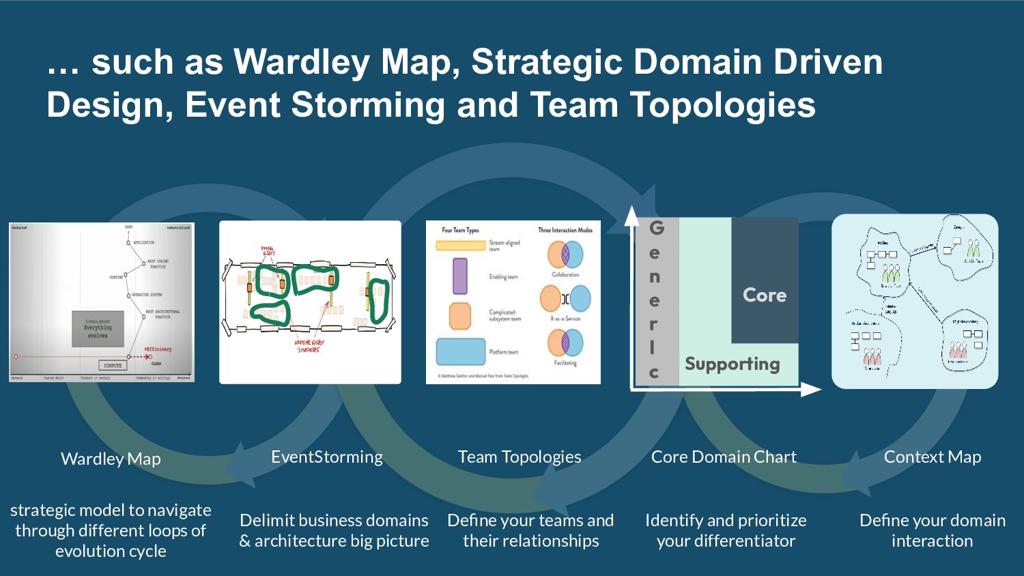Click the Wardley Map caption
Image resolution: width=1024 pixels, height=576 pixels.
pos(111,459)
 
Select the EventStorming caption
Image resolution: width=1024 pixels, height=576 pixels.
pos(327,457)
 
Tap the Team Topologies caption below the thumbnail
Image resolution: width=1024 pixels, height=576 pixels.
pos(520,457)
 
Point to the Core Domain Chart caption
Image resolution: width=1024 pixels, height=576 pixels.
pos(724,457)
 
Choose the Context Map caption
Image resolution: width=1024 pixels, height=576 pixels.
pos(933,457)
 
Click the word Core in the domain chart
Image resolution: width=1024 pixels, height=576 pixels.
pos(765,295)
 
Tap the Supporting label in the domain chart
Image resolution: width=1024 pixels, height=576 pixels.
pos(733,364)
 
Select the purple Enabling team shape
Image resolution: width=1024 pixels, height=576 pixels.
pos(460,276)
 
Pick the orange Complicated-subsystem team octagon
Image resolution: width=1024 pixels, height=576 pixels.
pos(460,316)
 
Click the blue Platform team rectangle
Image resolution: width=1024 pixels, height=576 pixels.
pos(460,351)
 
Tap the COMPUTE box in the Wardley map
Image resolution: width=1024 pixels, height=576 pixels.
pos(113,366)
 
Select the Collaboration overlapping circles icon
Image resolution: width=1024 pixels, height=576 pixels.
pos(565,255)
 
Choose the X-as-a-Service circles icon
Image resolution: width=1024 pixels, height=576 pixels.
pos(565,299)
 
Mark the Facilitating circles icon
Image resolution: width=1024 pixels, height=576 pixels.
pos(565,343)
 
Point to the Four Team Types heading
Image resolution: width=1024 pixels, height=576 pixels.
pos(460,230)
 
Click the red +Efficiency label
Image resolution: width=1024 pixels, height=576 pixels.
pos(158,349)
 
